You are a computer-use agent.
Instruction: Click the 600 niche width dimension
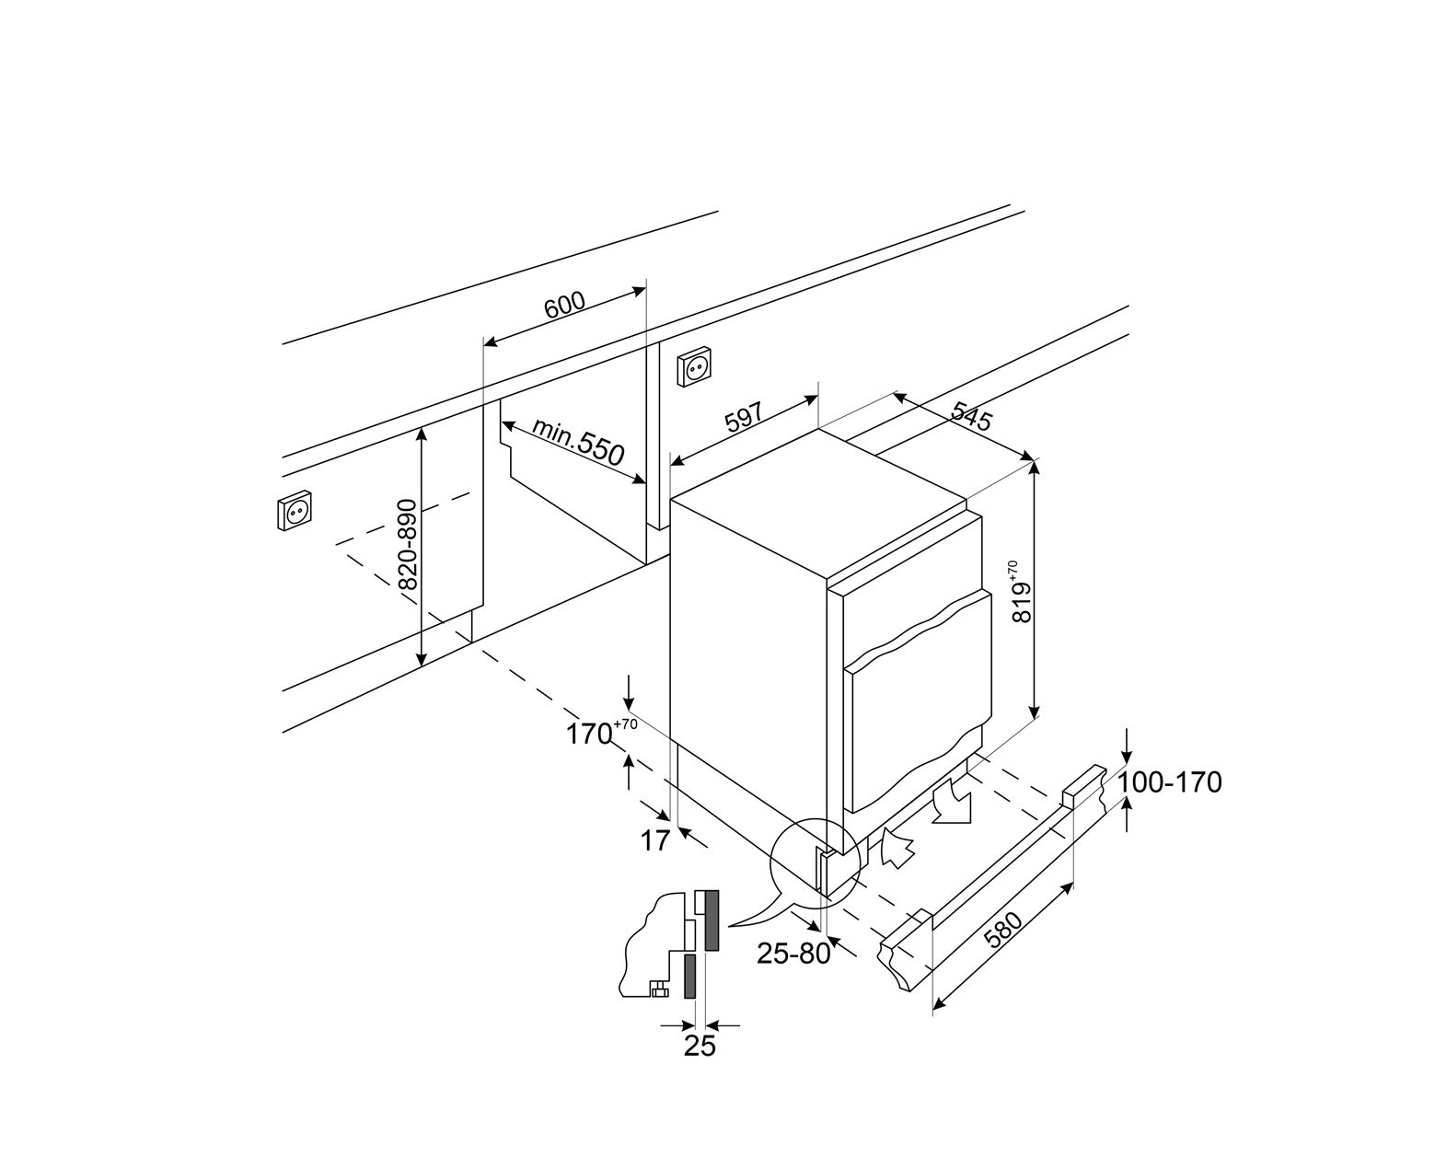tap(564, 306)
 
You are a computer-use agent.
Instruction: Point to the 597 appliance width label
tap(744, 420)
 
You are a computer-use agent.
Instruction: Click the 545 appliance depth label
tap(970, 416)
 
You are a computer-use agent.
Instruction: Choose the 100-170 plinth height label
tap(1170, 782)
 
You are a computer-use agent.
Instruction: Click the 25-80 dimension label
tap(793, 954)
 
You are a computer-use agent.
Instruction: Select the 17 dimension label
tap(654, 840)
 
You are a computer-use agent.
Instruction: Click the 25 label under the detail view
tap(700, 1046)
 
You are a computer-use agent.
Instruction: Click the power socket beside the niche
tap(696, 367)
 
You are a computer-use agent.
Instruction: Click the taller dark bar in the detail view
tap(711, 920)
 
